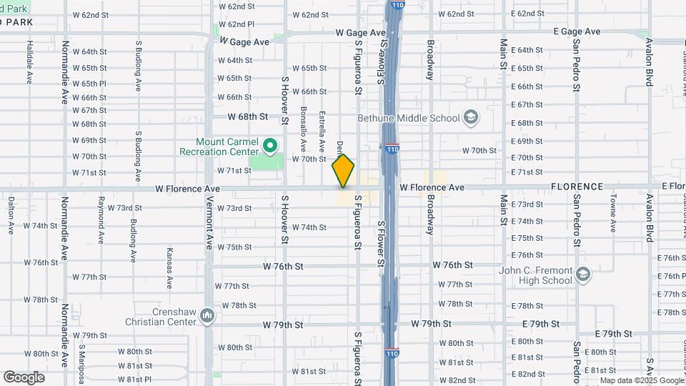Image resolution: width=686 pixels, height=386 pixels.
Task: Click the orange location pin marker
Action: (x=343, y=171)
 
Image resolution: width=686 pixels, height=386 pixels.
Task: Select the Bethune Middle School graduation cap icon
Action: (x=470, y=117)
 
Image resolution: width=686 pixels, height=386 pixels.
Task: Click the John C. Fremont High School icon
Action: (x=582, y=274)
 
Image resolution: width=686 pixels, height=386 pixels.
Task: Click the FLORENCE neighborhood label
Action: (x=577, y=187)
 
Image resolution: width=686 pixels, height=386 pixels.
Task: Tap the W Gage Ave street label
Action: (x=244, y=42)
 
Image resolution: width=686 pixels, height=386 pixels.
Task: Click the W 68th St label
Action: (x=247, y=116)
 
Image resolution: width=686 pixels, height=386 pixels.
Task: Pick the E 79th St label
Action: (x=608, y=334)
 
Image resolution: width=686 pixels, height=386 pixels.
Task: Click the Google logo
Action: (x=24, y=377)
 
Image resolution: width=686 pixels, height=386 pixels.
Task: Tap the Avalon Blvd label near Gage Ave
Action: (x=649, y=66)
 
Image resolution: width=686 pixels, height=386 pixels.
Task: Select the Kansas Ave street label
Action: (x=169, y=268)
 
